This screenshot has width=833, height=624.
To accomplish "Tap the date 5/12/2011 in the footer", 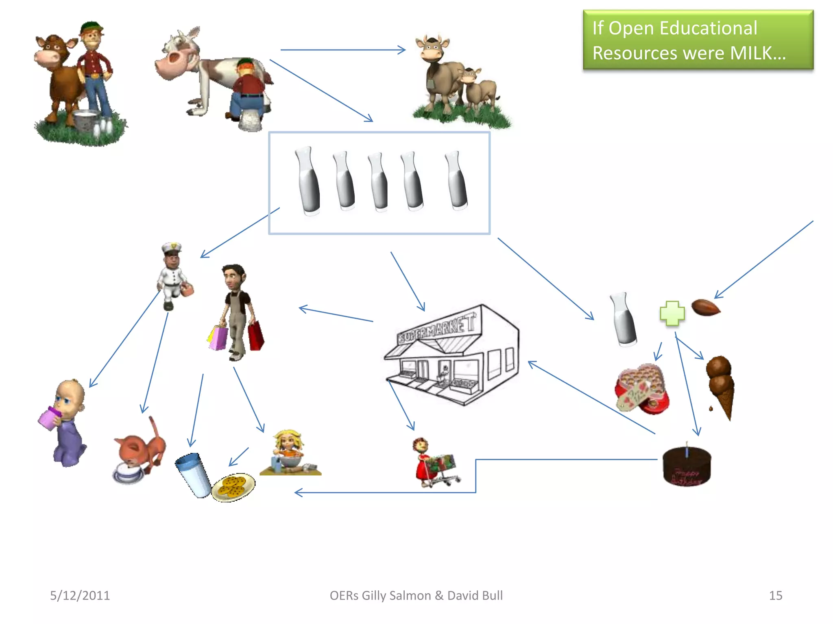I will [x=80, y=595].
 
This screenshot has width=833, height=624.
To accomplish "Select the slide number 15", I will [x=775, y=595].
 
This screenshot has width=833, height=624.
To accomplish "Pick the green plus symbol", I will [x=672, y=313].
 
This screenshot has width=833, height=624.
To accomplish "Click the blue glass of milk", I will [x=194, y=474].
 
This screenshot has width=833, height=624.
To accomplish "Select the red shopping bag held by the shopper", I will [x=256, y=336].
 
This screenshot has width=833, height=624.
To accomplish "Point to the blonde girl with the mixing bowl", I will [x=289, y=451].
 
